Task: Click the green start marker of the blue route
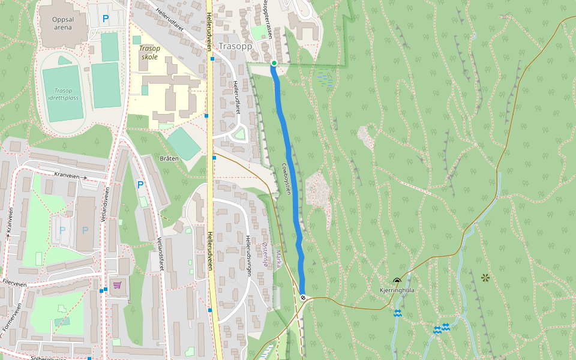(274, 63)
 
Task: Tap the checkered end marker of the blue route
(303, 297)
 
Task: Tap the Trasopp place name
(236, 46)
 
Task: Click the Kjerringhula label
(397, 290)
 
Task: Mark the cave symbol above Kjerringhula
(397, 281)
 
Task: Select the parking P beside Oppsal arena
(106, 19)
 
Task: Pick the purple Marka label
(278, 259)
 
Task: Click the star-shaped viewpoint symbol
(485, 277)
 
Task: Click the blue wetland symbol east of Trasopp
(325, 77)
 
